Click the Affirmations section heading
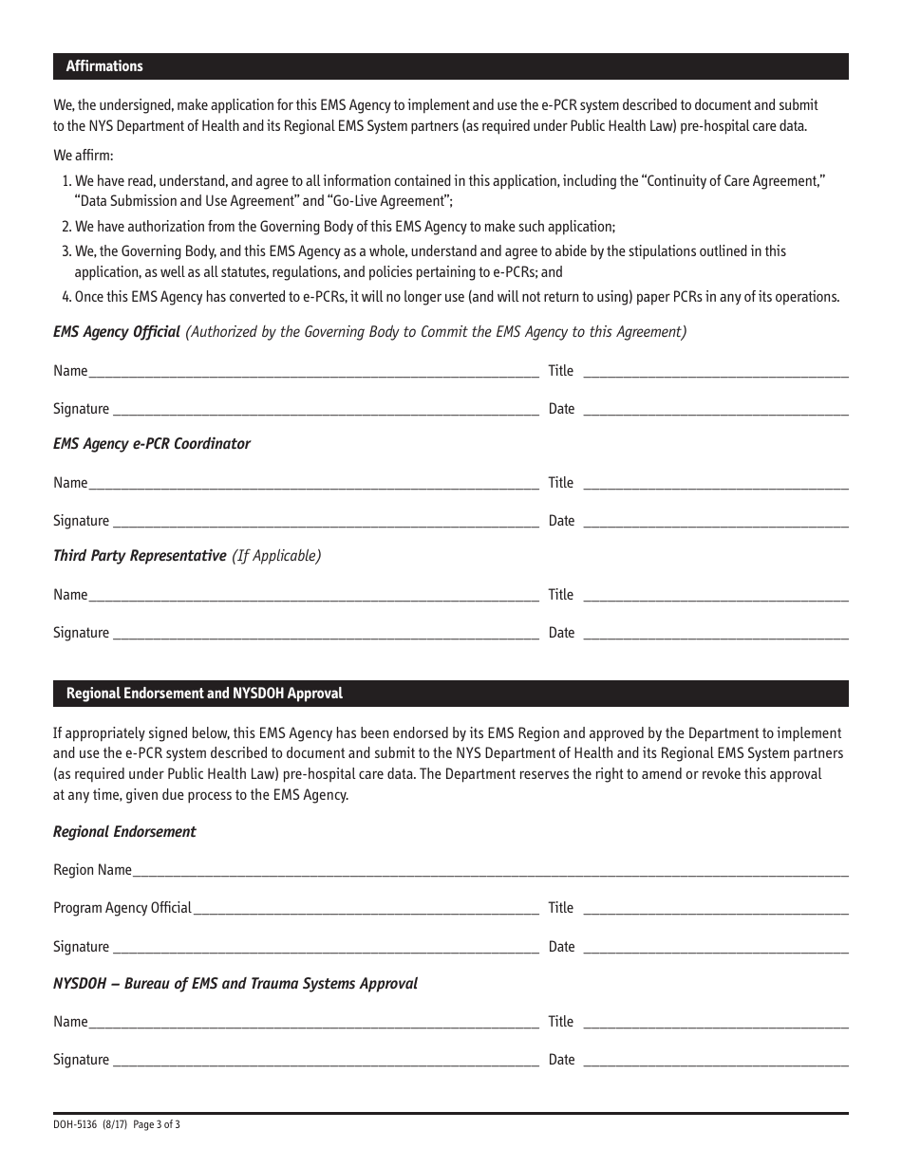click(x=104, y=66)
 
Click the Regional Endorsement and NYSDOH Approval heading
click(x=204, y=694)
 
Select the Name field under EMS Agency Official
click(x=313, y=371)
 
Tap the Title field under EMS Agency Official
click(x=715, y=371)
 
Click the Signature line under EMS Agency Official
click(x=325, y=409)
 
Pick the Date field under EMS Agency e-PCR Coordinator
click(x=715, y=521)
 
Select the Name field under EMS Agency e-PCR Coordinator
click(x=313, y=483)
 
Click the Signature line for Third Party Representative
click(x=325, y=633)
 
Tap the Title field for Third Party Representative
click(x=715, y=595)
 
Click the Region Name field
click(x=490, y=870)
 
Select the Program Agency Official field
click(x=366, y=908)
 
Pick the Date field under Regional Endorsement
click(x=715, y=947)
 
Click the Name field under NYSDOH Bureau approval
click(x=313, y=1022)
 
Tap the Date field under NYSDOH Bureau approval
click(x=715, y=1060)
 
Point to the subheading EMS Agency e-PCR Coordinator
click(x=152, y=444)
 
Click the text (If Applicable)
click(x=276, y=556)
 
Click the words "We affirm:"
click(x=83, y=155)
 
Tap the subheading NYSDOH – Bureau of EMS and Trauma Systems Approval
click(x=235, y=984)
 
